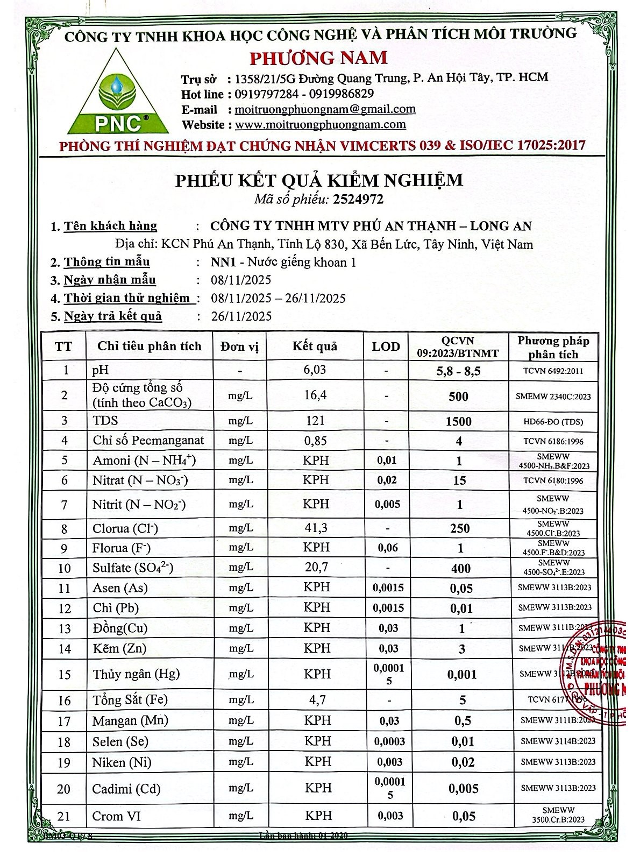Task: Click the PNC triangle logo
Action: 118,93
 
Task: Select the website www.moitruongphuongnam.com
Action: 321,125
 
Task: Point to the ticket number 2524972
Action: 358,199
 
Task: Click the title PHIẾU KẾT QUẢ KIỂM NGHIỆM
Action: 319,180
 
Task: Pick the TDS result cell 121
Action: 315,421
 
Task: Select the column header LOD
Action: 386,346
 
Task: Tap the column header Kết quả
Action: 315,346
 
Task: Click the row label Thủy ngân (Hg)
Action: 136,674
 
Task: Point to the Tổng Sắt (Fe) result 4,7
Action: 316,700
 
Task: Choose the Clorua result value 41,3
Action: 316,528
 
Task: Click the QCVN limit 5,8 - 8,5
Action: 458,370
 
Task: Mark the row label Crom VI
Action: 116,816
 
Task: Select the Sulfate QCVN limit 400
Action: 460,568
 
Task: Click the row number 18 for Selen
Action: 64,742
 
